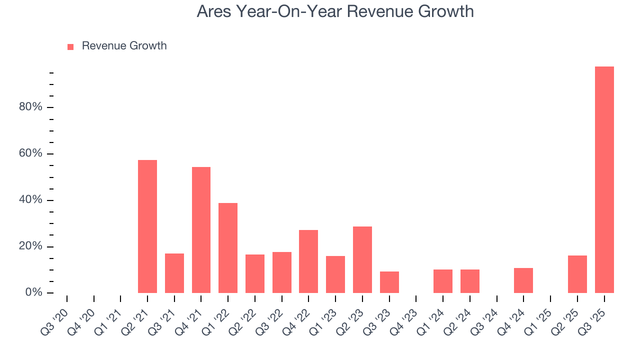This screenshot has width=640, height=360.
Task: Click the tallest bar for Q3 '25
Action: click(604, 180)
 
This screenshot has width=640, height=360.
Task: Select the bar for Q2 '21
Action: click(147, 226)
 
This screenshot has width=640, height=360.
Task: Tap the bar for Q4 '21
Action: click(201, 230)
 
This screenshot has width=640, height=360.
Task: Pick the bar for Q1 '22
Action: click(228, 248)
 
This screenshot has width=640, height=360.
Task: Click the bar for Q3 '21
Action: click(174, 273)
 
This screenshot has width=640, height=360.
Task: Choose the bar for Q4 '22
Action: click(308, 261)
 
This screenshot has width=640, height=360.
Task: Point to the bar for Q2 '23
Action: click(362, 259)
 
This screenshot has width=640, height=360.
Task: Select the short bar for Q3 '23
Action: click(389, 282)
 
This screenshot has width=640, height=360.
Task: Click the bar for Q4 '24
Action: click(523, 280)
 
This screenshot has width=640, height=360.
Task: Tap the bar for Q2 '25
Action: click(577, 274)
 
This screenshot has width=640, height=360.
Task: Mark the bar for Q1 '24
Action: click(443, 281)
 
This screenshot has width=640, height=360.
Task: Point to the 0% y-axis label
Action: click(33, 292)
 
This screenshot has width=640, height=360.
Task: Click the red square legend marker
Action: click(70, 46)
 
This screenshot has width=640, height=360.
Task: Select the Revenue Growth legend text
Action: click(124, 46)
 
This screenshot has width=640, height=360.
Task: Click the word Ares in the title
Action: click(214, 11)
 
